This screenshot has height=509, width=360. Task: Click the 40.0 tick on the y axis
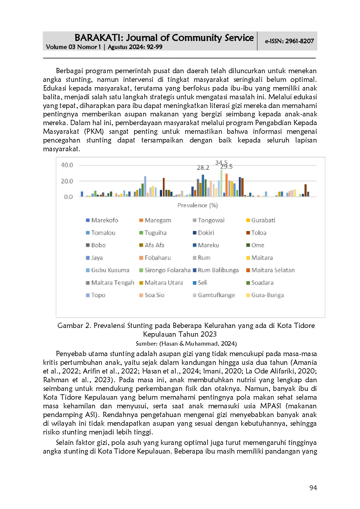pyautogui.click(x=67, y=165)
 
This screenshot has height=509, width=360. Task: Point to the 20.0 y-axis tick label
pyautogui.click(x=67, y=181)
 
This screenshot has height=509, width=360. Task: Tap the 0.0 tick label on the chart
pyautogui.click(x=68, y=197)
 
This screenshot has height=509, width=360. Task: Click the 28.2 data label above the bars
pyautogui.click(x=203, y=168)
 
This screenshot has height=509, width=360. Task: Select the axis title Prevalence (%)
pyautogui.click(x=197, y=205)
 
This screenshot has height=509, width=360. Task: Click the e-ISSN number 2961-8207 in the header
pyautogui.click(x=299, y=41)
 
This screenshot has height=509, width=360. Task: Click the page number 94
pyautogui.click(x=313, y=488)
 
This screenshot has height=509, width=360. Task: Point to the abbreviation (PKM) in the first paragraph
pyautogui.click(x=94, y=131)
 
